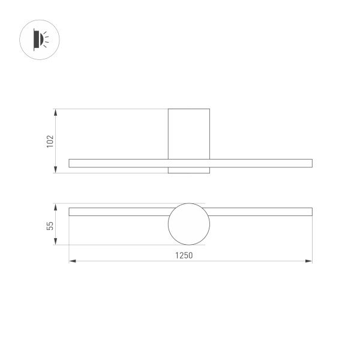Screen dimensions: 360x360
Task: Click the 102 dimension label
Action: tap(50, 141)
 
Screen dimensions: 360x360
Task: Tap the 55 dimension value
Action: tap(50, 225)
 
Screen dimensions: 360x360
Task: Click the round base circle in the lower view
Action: tap(189, 224)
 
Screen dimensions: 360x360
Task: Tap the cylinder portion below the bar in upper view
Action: tap(189, 170)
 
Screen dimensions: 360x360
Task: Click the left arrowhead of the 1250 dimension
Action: tap(72, 261)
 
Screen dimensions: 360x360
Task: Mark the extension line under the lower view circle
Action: tap(120, 245)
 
